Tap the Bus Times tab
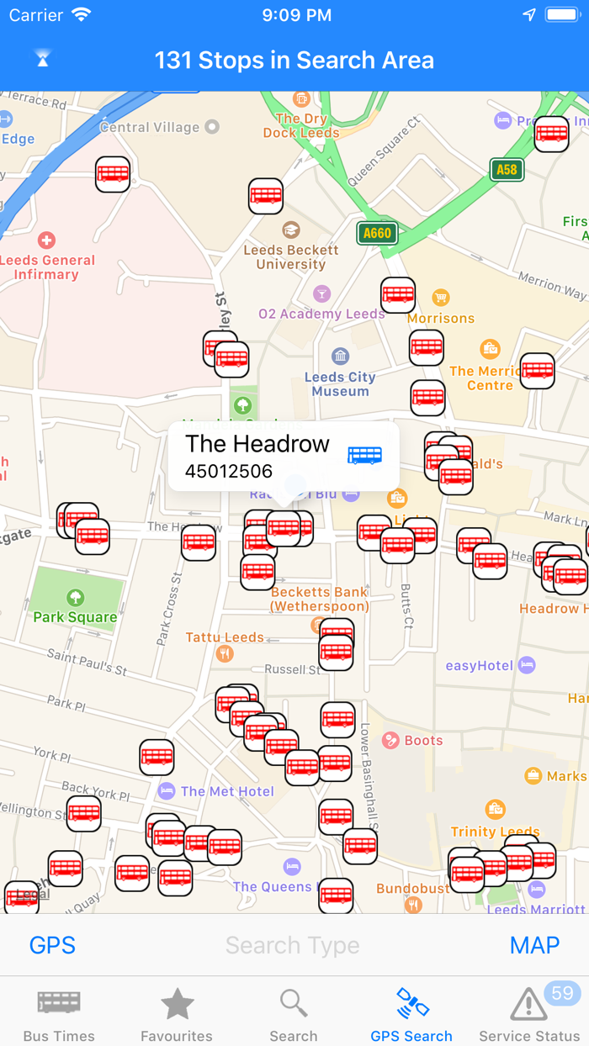click(x=59, y=1015)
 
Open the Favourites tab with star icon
click(x=177, y=1015)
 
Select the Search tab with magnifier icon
click(x=294, y=1015)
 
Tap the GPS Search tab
click(x=411, y=1015)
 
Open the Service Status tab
click(x=529, y=1015)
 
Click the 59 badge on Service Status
click(x=561, y=993)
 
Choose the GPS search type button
click(x=52, y=945)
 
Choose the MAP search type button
click(x=534, y=945)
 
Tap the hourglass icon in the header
click(x=43, y=59)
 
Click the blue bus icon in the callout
click(x=365, y=455)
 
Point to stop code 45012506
click(x=229, y=471)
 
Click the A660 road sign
click(x=376, y=233)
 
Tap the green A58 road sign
click(x=507, y=170)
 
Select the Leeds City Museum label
click(x=340, y=383)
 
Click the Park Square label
click(x=75, y=617)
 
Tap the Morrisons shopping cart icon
click(x=440, y=298)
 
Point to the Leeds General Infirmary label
click(x=47, y=267)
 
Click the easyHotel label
click(x=479, y=666)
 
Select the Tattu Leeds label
click(x=225, y=637)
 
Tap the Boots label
click(x=423, y=741)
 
